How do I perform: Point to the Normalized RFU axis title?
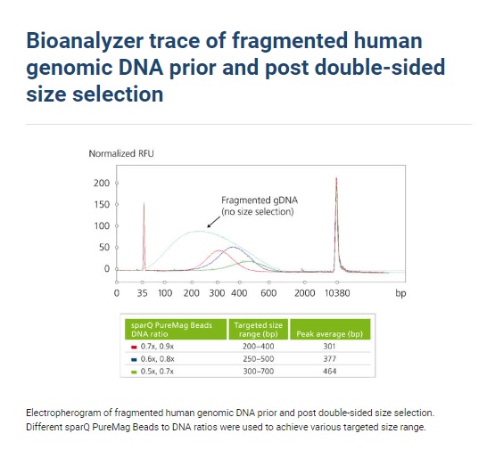[121, 153]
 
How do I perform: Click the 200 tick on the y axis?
[102, 183]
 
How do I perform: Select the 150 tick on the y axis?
[102, 204]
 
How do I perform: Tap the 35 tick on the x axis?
[142, 293]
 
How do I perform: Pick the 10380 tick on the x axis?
[337, 293]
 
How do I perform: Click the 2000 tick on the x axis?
[305, 293]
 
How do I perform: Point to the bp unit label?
[400, 293]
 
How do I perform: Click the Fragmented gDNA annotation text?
[260, 206]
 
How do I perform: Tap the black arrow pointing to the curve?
[214, 222]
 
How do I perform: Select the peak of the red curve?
[219, 250]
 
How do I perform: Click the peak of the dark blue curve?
[233, 247]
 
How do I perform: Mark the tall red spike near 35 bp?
[144, 236]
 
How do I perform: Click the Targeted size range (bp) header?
[259, 330]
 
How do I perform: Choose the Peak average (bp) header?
[330, 334]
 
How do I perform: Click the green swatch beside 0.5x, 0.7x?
[134, 372]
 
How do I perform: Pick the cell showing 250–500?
[259, 359]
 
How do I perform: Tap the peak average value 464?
[329, 372]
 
